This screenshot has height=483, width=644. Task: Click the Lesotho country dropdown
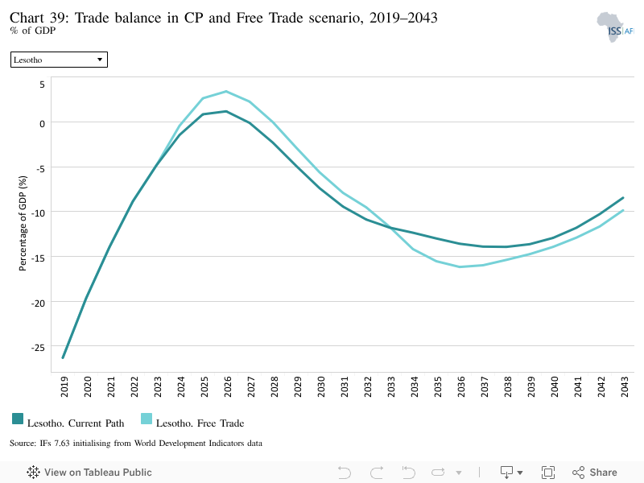click(x=59, y=60)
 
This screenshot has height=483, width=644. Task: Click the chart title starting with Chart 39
click(x=224, y=18)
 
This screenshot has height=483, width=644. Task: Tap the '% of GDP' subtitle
click(x=32, y=31)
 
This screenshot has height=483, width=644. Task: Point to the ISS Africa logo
click(x=615, y=27)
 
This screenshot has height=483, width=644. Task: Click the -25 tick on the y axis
click(x=38, y=348)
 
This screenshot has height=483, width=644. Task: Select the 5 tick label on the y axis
click(x=43, y=85)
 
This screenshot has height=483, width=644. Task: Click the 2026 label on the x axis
click(x=228, y=387)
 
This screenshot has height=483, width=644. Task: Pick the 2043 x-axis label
click(x=625, y=387)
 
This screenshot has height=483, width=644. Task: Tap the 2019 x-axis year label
click(x=64, y=387)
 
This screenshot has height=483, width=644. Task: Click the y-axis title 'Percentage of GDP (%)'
click(x=23, y=224)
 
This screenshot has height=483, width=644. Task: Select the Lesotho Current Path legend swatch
click(x=18, y=419)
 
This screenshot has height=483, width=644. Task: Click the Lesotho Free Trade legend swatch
click(x=147, y=419)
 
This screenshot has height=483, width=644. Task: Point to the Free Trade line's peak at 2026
click(x=226, y=92)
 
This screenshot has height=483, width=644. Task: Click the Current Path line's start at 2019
click(x=63, y=357)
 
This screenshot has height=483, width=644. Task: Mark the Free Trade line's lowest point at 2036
click(x=460, y=267)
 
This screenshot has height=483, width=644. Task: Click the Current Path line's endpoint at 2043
click(x=623, y=198)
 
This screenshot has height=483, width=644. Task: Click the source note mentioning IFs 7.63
click(x=136, y=444)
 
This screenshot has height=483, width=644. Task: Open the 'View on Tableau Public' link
click(x=89, y=473)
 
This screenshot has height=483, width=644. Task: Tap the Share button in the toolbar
click(x=594, y=473)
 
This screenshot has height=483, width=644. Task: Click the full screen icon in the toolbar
click(x=548, y=473)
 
